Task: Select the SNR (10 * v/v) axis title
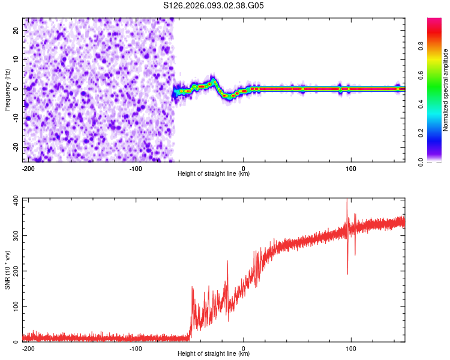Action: [7, 270]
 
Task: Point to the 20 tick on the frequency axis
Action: [16, 30]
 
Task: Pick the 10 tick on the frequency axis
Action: [16, 59]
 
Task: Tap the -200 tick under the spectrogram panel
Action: [28, 168]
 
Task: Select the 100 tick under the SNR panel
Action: [351, 348]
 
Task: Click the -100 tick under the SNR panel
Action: [136, 348]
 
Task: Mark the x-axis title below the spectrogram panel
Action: [214, 174]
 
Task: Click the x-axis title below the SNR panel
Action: [214, 354]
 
